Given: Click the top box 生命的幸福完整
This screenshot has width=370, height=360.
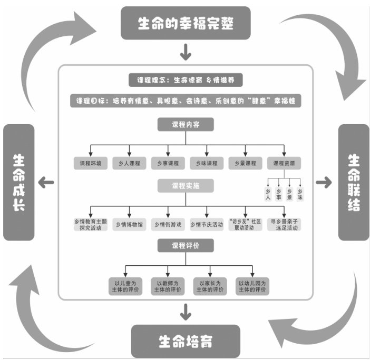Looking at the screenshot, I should [184, 23].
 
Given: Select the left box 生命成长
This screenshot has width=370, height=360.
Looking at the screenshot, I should [19, 182].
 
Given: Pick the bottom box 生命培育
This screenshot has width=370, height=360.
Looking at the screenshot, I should [185, 341].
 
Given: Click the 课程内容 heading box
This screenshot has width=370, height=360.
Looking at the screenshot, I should [185, 125].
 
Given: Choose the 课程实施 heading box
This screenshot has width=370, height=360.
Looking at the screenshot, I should [185, 186].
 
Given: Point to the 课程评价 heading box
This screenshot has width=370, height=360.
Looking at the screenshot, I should [185, 245].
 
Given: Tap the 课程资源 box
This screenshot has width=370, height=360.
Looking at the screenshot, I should [284, 163].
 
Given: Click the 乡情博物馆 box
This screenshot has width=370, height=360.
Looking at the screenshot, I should [129, 225].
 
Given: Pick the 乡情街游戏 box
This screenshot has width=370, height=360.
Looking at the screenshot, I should [168, 225].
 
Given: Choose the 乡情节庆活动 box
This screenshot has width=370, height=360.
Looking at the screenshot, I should [207, 225].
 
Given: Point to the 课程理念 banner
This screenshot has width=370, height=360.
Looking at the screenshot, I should [186, 80].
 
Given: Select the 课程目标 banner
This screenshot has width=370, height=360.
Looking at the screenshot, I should [186, 101].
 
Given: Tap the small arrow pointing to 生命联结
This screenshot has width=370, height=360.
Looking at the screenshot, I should [324, 182].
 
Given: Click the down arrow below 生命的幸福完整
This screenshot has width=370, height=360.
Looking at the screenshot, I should [185, 52].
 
